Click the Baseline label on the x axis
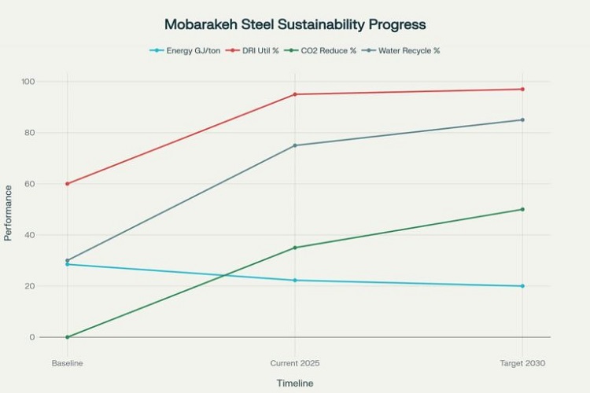(x=68, y=363)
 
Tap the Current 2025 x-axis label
(x=295, y=363)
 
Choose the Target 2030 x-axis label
(x=522, y=363)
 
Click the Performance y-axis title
(x=9, y=213)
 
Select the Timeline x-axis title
(x=295, y=383)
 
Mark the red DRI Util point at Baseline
(x=68, y=184)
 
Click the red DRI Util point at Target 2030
(x=522, y=89)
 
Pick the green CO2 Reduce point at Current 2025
(x=295, y=248)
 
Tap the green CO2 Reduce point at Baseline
(x=68, y=337)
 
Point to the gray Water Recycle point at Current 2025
(x=295, y=145)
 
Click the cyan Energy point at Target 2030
(x=522, y=286)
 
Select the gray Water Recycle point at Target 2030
(x=522, y=119)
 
